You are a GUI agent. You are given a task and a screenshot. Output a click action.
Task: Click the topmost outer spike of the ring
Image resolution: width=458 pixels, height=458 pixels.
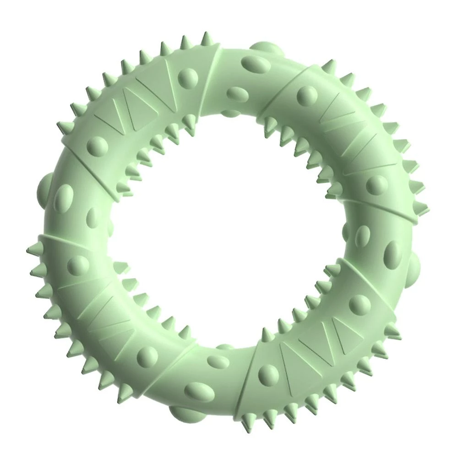click(207, 39)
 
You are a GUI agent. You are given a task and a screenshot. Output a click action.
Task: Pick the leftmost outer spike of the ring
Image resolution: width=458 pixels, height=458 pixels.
click(32, 250)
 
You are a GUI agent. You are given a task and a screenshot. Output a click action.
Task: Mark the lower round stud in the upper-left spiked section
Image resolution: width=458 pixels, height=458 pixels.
click(98, 146)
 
